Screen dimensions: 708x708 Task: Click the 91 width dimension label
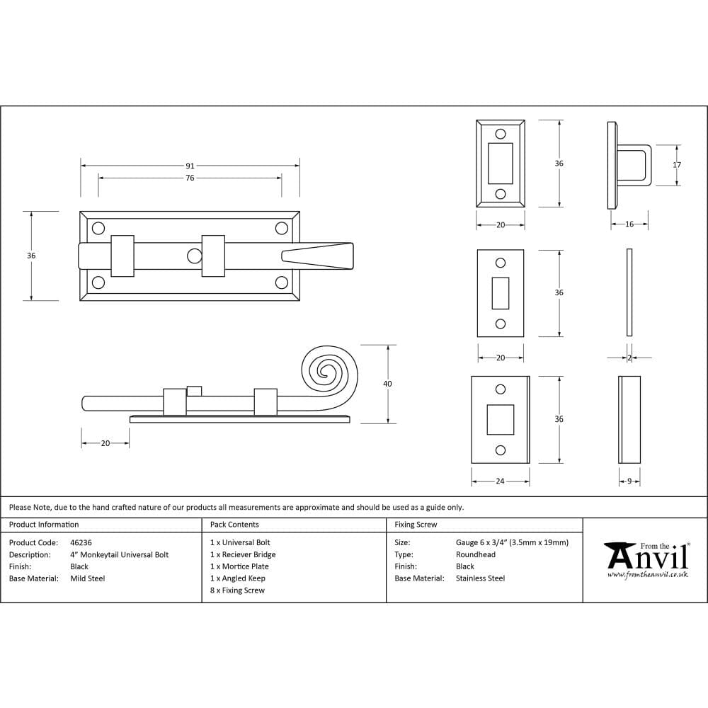point(190,166)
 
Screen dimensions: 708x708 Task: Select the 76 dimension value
point(190,178)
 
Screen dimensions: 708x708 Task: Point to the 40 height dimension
point(387,384)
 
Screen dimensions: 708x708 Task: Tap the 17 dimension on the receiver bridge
point(677,165)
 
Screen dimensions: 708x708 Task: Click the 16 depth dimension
point(629,224)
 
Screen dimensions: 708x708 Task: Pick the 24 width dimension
point(500,481)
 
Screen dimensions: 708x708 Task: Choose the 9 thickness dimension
point(629,481)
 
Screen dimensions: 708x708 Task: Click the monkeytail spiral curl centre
point(326,370)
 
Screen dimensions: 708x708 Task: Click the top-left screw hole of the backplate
point(98,228)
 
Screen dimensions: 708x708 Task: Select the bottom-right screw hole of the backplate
point(281,283)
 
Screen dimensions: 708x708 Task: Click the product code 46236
point(81,542)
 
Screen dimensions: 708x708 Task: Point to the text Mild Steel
point(88,578)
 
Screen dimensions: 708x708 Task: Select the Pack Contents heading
point(234,525)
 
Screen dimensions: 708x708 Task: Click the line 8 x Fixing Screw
point(237,590)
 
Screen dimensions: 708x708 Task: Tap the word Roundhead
point(476,554)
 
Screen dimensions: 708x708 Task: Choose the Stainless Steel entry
point(480,578)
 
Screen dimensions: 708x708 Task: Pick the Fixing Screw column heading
point(416,525)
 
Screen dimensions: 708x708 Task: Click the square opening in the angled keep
point(500,418)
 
